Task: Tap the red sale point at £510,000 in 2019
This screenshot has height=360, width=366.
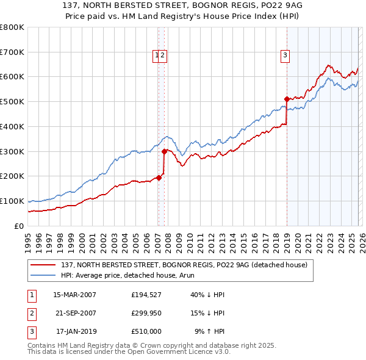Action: coord(287,98)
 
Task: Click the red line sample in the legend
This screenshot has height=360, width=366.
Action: coord(43,264)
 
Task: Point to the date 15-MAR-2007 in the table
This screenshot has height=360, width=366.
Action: coord(75,295)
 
